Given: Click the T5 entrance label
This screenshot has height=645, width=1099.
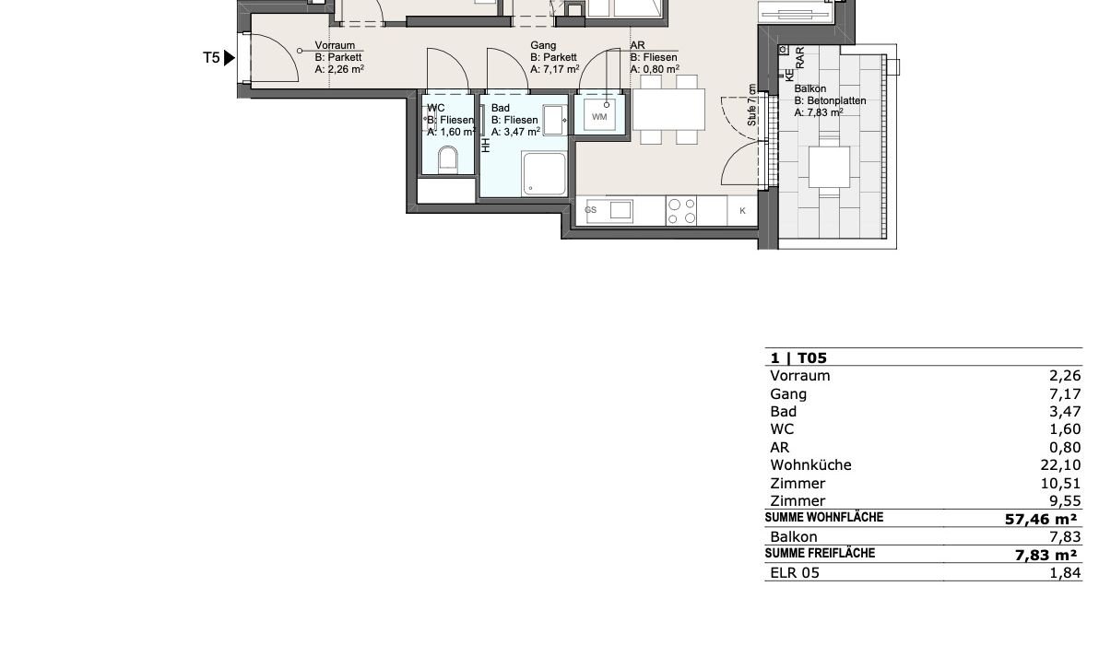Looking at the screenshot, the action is [211, 57].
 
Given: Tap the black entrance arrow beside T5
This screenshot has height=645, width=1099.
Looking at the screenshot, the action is [230, 57].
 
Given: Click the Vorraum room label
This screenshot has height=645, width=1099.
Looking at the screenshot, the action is [335, 45].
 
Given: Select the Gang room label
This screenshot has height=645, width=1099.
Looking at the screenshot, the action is [543, 45].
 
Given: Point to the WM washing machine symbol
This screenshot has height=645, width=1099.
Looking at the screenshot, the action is [599, 115].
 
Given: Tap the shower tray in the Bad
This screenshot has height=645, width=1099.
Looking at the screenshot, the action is [544, 173].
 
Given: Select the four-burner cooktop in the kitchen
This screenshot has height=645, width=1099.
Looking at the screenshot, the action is [682, 212].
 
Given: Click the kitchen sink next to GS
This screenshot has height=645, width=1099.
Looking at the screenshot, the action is [621, 210].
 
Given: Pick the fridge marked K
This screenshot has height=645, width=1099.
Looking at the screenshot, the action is [743, 211].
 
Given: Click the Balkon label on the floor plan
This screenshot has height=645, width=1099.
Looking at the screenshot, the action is [810, 89].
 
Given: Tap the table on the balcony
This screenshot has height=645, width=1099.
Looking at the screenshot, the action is [829, 167].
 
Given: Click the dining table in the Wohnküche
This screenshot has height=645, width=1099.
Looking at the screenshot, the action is [668, 110].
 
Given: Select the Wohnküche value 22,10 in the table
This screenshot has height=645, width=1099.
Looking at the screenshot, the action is [1061, 465].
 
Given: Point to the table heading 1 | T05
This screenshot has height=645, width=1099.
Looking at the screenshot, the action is [799, 358].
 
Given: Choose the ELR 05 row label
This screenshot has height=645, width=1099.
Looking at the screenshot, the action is [795, 573].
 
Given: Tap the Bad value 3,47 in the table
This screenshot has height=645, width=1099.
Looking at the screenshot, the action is [1066, 412].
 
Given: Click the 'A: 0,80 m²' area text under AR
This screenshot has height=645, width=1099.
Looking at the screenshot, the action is [655, 69].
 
